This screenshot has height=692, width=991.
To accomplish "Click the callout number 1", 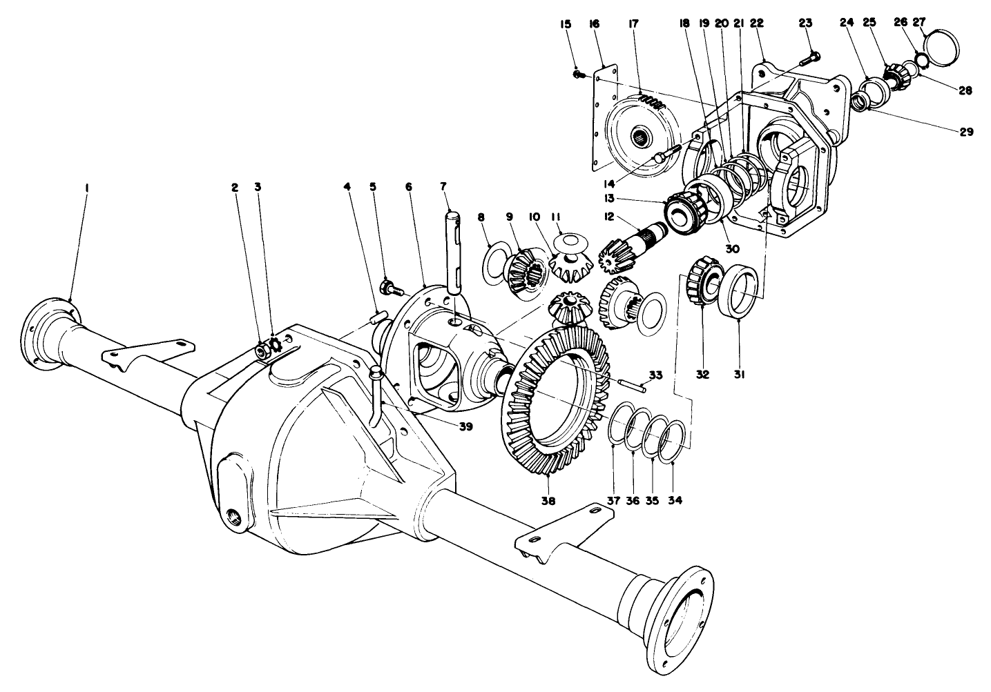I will click(87, 187).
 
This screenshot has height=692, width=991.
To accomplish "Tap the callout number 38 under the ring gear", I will click(548, 500).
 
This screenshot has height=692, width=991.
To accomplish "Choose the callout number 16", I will click(594, 23).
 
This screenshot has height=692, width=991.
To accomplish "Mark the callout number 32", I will click(702, 375).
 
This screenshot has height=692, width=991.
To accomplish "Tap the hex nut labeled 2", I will click(262, 350).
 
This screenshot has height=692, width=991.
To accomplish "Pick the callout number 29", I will click(965, 131).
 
